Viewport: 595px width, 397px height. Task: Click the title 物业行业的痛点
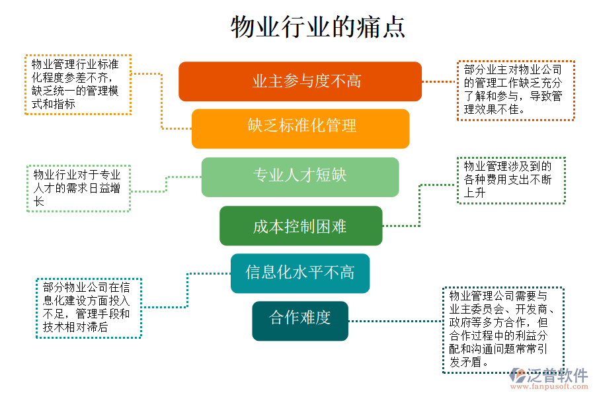317,27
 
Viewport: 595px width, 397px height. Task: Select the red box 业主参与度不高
300,81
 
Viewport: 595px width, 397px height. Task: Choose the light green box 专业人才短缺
300,177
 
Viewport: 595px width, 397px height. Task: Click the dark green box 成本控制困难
301,226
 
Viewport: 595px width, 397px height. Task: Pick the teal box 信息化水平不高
300,273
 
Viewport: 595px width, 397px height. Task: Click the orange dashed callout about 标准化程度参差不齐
77,85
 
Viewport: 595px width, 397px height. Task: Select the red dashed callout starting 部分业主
516,90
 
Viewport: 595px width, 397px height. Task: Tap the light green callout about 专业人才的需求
78,188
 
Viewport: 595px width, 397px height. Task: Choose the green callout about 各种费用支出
511,180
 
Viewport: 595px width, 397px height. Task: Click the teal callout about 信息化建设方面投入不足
88,308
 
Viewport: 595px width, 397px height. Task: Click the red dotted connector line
439,81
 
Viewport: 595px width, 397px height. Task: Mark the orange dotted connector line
162,99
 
